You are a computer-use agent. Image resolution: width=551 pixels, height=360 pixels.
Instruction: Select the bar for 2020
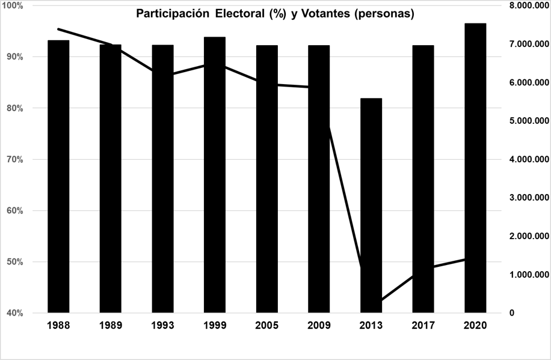475,168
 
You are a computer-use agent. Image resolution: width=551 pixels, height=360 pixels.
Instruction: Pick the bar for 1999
215,175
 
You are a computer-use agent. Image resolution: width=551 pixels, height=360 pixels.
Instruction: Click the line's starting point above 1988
58,29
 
